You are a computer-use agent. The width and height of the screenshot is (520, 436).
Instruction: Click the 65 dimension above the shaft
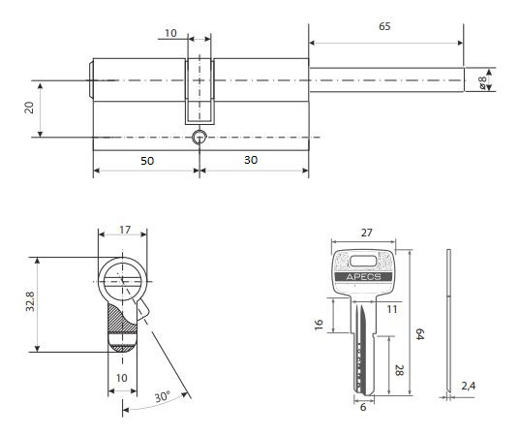click(x=384, y=26)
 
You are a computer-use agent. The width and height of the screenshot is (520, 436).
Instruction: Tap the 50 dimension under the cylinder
click(x=147, y=161)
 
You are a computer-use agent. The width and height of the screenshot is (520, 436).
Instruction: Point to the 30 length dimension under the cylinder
click(x=251, y=160)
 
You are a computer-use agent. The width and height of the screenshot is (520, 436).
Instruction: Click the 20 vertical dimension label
click(x=29, y=108)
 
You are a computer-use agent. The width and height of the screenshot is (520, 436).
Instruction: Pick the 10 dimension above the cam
click(x=170, y=33)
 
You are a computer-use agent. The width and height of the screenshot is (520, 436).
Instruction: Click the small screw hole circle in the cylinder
click(x=199, y=137)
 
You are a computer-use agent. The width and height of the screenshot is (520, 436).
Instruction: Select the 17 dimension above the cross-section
click(x=125, y=230)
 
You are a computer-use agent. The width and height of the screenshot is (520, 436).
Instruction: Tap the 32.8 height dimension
click(x=30, y=301)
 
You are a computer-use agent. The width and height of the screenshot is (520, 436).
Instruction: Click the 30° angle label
click(x=163, y=396)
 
